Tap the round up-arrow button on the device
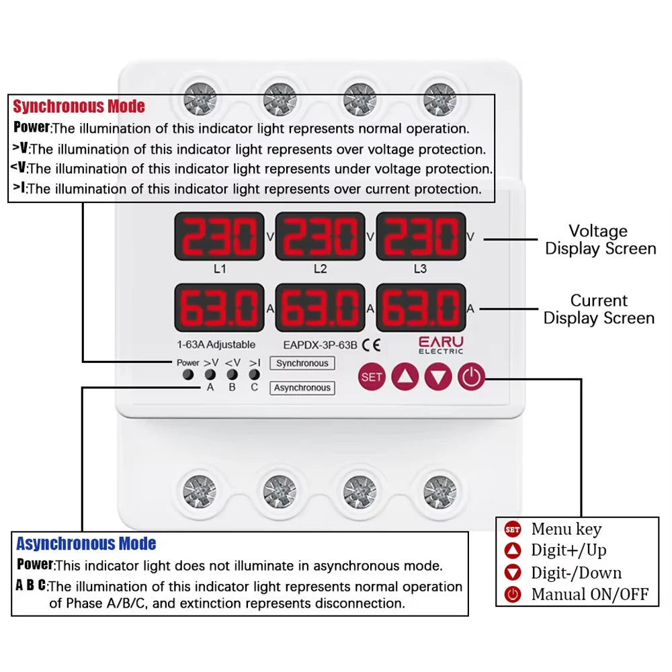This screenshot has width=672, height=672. click(405, 377)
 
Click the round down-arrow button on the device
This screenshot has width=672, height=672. click(438, 377)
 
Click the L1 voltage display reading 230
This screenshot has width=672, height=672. click(219, 237)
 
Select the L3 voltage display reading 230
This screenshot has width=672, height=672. click(420, 237)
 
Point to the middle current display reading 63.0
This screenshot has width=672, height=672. click(320, 308)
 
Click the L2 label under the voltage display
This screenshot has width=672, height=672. click(320, 269)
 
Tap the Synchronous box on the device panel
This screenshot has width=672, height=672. click(302, 363)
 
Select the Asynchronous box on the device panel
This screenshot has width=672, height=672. click(302, 388)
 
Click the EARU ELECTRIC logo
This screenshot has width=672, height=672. click(441, 345)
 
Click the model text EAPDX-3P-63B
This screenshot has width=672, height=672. click(320, 345)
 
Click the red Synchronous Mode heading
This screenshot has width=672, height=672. click(79, 106)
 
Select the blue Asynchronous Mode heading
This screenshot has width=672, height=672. click(86, 544)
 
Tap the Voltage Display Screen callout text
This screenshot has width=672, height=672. click(599, 240)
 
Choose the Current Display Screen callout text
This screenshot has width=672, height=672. click(599, 309)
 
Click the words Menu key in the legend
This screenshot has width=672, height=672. click(566, 530)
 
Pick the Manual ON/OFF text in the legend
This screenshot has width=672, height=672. click(589, 594)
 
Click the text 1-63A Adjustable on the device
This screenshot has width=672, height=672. click(216, 345)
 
